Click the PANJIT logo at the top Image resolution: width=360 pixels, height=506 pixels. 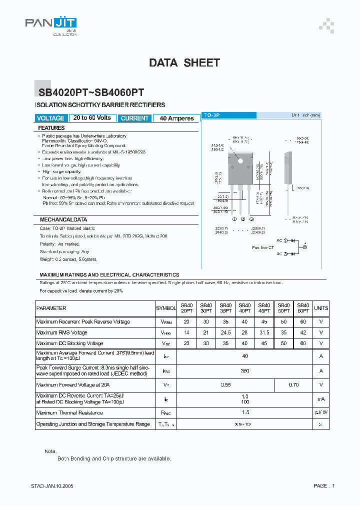pos(50,23)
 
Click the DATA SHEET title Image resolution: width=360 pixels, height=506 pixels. pos(184,63)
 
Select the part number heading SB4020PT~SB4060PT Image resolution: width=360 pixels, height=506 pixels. pos(91,92)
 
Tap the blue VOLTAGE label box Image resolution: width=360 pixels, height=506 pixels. pos(50,118)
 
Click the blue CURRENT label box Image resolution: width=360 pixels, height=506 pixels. pos(134,118)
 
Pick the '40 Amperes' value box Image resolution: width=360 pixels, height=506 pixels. pos(176,118)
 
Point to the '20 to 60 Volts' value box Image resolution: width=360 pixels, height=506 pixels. pos(92,118)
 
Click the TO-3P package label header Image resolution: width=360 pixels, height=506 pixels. pos(212,115)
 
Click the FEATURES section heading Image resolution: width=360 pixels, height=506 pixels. pos(51,128)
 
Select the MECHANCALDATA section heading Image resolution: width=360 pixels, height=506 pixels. pos(63,219)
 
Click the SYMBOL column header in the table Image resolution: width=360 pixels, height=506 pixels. pos(166,308)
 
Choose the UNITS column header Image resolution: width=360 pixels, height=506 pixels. pos(321,308)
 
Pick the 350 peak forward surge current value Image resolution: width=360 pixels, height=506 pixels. pos(244,370)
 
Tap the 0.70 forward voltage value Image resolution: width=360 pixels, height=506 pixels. pos(293,385)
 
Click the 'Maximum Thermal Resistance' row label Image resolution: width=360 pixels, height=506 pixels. pos(69,413)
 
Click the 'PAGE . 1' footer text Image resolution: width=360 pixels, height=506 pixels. pos(324,485)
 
